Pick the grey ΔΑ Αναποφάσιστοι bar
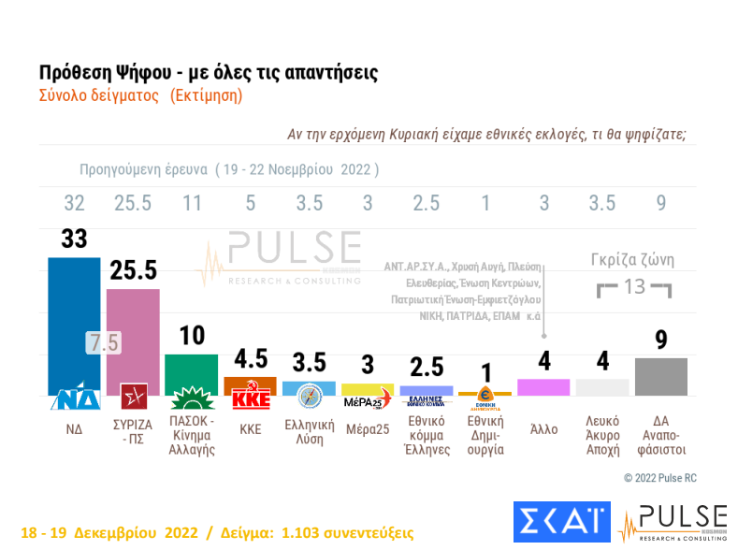coord(661,376)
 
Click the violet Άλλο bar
coord(543,387)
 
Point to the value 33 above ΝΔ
coord(74,239)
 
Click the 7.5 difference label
coord(104,342)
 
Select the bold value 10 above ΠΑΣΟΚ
coord(191,336)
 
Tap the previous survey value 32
coord(74,203)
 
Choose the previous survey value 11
coord(191,203)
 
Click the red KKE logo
coord(250,398)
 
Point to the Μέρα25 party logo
coord(367,400)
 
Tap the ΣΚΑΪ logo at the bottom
coord(561,522)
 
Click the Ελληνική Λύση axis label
coord(309,433)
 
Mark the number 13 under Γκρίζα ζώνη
coord(634,286)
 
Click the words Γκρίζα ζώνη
coord(633,260)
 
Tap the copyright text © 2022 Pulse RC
coord(659,478)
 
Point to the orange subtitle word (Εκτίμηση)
coord(206,94)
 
